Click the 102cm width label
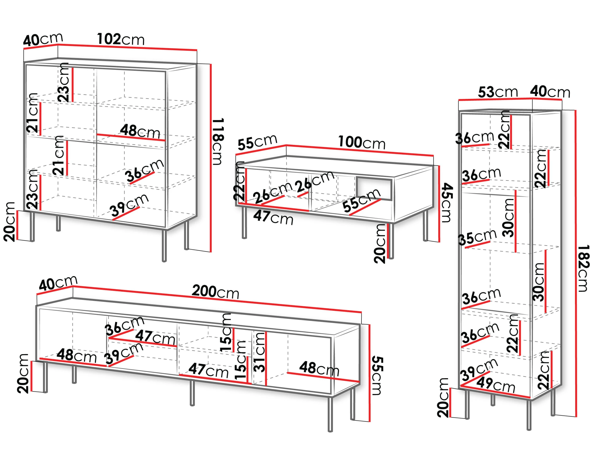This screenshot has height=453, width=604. tap(121, 39)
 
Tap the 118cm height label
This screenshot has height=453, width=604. tap(218, 141)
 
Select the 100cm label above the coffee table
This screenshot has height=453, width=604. tap(362, 142)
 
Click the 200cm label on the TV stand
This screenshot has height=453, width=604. tap(216, 291)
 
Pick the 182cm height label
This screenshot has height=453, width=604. tap(584, 268)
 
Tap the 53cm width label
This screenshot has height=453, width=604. tap(498, 92)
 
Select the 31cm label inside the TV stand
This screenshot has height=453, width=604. tap(259, 352)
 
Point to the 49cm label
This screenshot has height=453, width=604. tap(496, 385)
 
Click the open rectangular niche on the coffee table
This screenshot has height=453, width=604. tap(374, 189)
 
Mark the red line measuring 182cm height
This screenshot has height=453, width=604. tap(576, 263)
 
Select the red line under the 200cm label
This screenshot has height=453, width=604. tap(217, 299)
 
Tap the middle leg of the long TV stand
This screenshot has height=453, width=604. tap(192, 393)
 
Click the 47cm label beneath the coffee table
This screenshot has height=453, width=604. tap(273, 217)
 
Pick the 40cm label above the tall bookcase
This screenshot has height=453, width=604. tap(550, 92)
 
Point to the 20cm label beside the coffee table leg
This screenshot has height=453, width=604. tap(380, 244)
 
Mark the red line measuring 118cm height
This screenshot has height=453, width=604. tap(211, 158)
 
